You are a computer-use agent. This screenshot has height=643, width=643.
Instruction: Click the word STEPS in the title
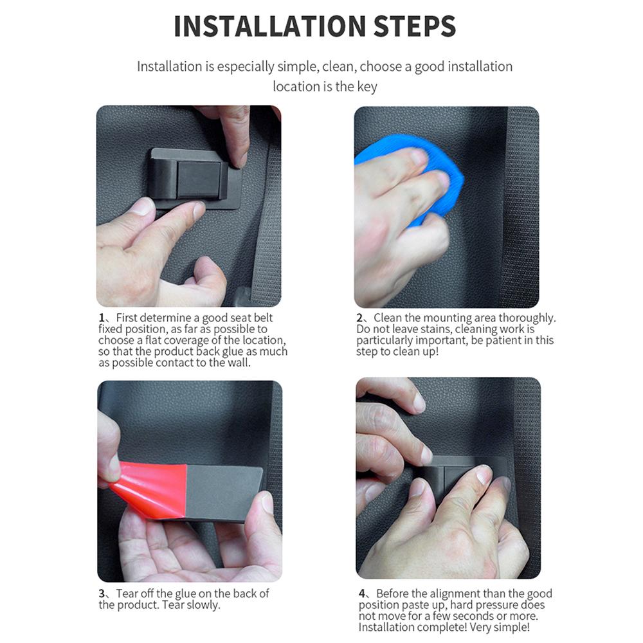(x=415, y=26)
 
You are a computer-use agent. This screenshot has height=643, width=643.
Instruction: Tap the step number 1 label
(x=102, y=318)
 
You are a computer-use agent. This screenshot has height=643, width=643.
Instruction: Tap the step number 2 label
(x=359, y=318)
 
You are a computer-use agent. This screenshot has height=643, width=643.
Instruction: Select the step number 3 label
(x=102, y=593)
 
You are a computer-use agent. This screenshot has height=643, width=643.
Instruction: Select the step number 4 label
(x=361, y=593)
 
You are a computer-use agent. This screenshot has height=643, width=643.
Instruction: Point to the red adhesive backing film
(x=150, y=489)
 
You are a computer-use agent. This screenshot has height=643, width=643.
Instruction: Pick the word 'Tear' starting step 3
(x=125, y=593)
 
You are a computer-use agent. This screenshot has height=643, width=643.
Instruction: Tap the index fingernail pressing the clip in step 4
(x=484, y=475)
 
